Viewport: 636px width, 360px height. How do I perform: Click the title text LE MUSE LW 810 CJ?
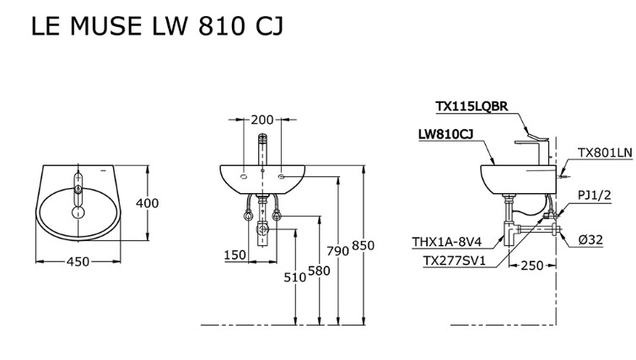tap(156, 27)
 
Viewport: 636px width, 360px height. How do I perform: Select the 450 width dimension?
tap(78, 262)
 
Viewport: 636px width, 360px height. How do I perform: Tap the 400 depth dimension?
tap(148, 203)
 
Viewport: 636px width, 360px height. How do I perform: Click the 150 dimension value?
tap(234, 255)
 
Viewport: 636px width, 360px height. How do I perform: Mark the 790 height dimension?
tap(339, 250)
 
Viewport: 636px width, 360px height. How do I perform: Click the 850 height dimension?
tap(363, 245)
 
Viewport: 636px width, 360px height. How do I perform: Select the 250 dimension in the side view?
tap(531, 266)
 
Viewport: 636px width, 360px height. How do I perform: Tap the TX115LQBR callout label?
tap(471, 106)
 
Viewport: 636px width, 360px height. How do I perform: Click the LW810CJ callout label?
tap(445, 134)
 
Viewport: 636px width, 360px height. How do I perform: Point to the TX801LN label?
tap(604, 153)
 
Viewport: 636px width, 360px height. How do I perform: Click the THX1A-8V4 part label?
tap(447, 242)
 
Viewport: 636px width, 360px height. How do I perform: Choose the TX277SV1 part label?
tap(454, 261)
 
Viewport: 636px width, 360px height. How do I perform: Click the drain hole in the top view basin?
tap(78, 212)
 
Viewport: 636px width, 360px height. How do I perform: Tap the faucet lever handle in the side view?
tap(535, 133)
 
